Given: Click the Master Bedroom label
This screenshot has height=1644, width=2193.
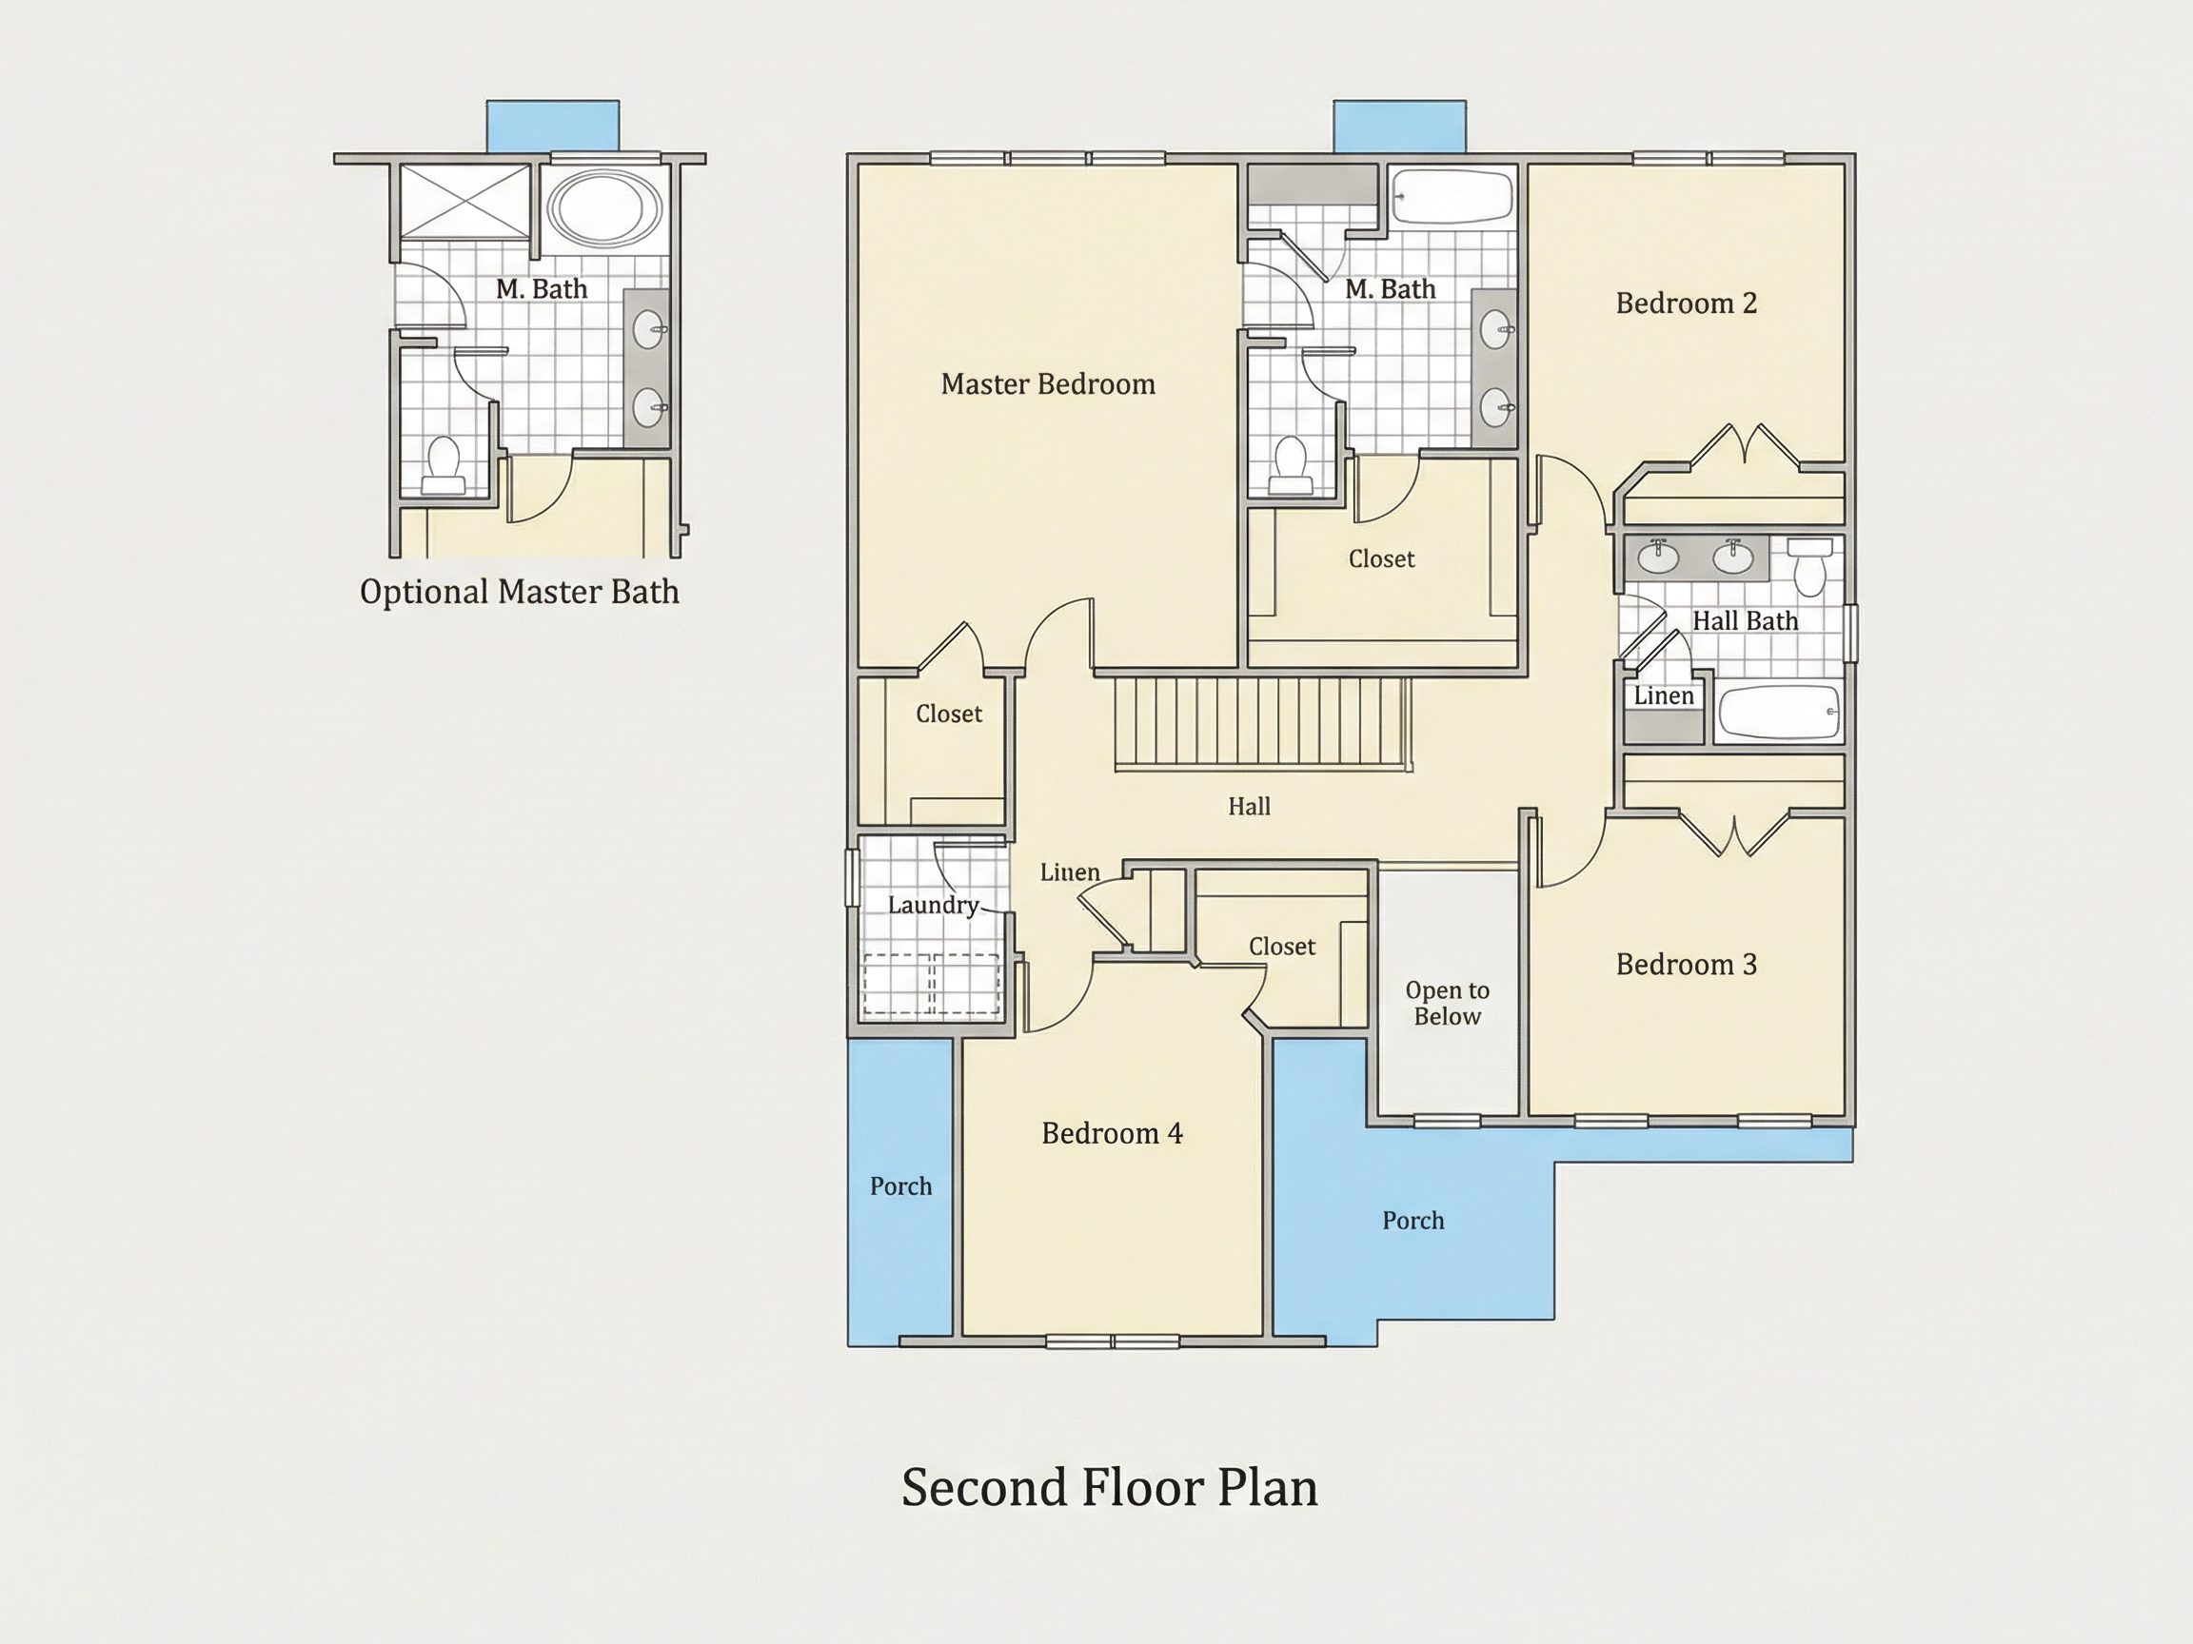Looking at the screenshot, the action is [1048, 384].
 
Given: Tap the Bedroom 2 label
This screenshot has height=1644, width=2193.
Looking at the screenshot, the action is [1687, 303].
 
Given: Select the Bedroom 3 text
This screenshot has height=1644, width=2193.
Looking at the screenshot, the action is [1687, 964].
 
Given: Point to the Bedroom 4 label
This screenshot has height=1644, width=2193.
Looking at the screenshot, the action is [1113, 1134].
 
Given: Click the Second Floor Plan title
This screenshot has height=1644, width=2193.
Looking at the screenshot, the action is [1110, 1487].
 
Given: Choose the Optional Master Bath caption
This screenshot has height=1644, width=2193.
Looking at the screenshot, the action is [520, 593].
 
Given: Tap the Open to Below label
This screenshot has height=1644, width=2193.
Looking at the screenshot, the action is [1448, 1003].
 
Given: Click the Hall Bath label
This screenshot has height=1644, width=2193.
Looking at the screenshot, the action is [1745, 621].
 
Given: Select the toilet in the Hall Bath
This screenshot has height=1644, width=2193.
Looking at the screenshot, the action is [1809, 566].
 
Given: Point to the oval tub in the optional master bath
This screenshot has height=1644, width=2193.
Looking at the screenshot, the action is [604, 207].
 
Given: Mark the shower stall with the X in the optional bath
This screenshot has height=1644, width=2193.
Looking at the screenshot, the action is [465, 201].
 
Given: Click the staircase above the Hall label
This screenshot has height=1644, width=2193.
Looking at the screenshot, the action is [1263, 723].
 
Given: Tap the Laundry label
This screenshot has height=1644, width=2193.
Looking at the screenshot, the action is [933, 906].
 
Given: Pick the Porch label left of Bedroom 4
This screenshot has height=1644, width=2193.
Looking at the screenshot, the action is [901, 1186].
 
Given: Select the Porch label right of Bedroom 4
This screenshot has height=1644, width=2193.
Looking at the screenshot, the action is [1413, 1221].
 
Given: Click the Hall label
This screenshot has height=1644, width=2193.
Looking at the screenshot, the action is [1249, 807].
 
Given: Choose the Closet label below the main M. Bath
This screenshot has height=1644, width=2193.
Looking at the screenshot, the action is [1382, 558].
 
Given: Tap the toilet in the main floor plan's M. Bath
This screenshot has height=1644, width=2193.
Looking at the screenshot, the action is [1290, 465].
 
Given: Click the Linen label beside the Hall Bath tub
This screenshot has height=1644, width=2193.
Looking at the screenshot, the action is [1664, 695].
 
